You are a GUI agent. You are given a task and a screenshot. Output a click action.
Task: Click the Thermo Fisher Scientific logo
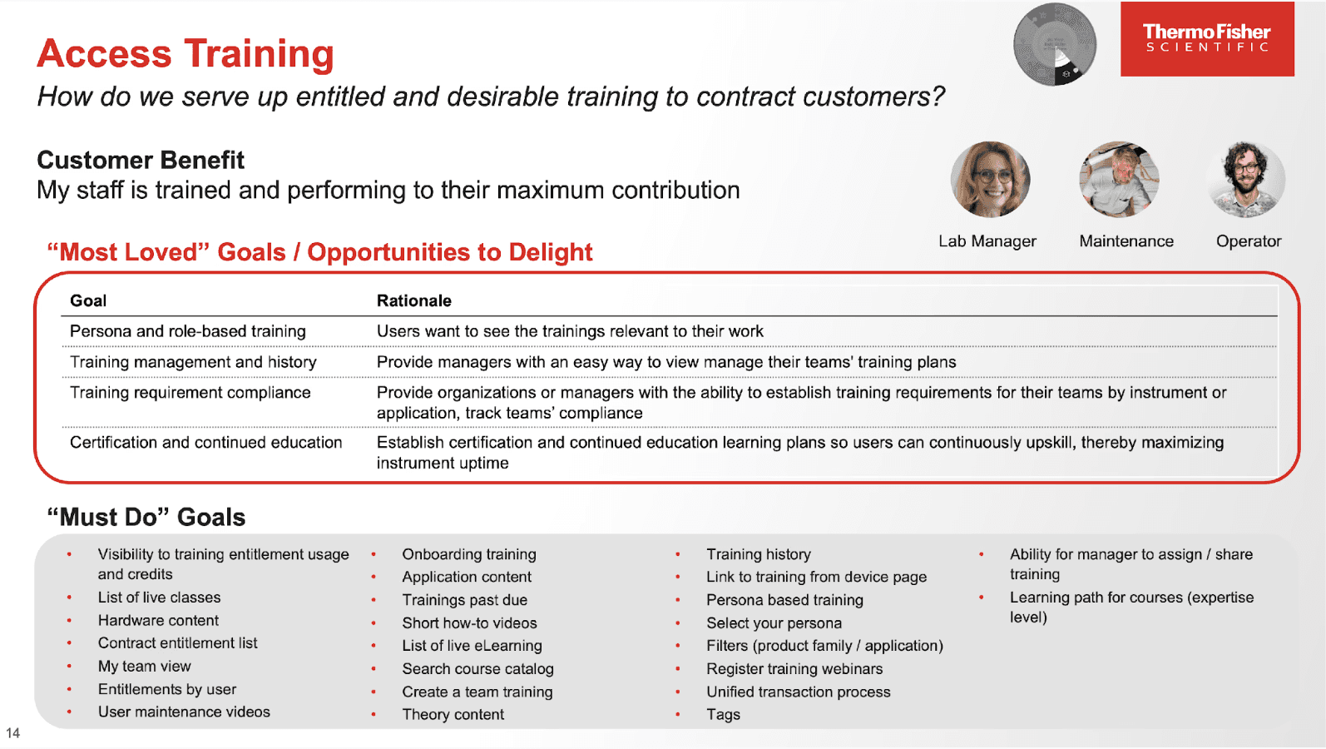1206,39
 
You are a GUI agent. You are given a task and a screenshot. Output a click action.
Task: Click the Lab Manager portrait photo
990,180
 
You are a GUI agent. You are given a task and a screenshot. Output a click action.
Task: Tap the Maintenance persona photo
1119,180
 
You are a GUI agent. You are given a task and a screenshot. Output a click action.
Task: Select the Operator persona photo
1246,180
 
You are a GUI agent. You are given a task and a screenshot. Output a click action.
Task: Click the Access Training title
186,54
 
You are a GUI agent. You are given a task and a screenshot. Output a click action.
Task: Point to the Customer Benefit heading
141,160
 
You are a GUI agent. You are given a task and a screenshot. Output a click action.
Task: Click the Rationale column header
413,300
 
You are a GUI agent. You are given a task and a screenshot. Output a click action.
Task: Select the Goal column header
88,300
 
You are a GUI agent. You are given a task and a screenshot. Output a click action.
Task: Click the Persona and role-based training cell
188,331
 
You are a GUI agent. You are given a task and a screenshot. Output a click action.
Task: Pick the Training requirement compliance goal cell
190,393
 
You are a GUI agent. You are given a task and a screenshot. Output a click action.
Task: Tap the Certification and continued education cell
206,443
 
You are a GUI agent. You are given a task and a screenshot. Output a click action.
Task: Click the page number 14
12,733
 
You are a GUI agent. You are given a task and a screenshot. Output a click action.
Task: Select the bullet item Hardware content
158,621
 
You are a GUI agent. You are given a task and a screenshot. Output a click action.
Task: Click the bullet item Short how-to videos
469,623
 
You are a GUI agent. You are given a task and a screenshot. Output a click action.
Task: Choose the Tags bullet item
723,715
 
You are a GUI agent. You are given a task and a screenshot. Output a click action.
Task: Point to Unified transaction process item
798,692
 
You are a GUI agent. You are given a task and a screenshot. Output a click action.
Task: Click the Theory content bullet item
453,715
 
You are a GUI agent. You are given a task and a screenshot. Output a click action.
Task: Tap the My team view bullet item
144,667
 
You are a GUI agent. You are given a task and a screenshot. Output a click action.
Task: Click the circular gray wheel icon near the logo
1054,45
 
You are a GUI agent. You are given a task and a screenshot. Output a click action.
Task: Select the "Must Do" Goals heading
146,517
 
